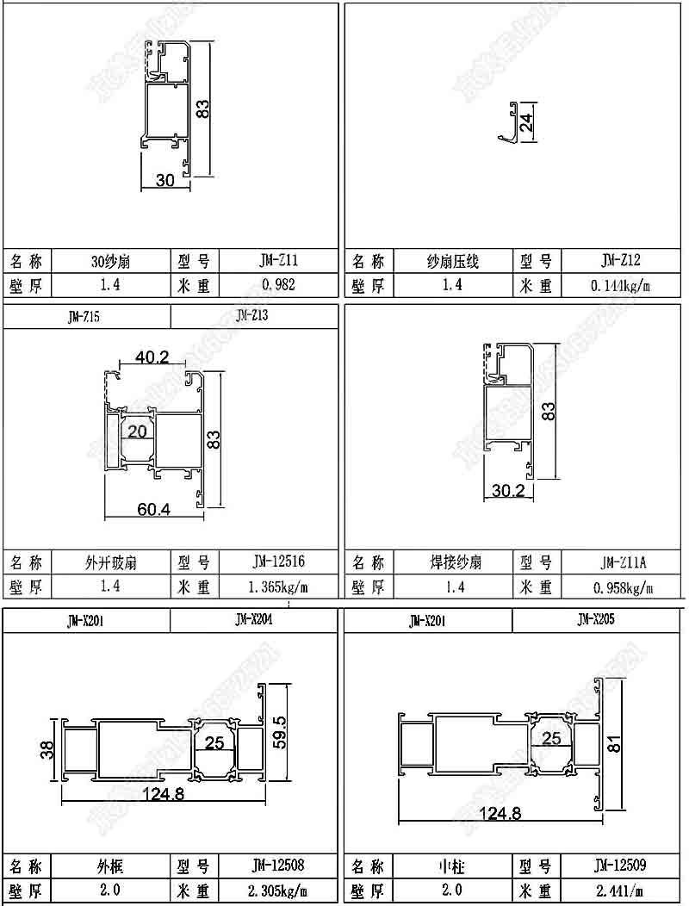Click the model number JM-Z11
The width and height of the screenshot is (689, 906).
(278, 260)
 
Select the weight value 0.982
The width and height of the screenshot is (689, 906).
(278, 285)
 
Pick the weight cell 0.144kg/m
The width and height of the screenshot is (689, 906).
(621, 285)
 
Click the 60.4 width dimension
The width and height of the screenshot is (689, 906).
(154, 509)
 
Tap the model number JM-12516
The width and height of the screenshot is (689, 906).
(278, 562)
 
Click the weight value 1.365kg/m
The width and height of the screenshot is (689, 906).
(278, 587)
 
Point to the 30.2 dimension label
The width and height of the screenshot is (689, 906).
(508, 490)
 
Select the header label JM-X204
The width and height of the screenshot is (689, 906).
(253, 618)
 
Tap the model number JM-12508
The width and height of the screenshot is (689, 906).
(278, 864)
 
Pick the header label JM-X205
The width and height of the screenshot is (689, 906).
(596, 618)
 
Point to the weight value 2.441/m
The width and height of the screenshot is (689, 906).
(621, 890)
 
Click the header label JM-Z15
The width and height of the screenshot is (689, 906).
(84, 317)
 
